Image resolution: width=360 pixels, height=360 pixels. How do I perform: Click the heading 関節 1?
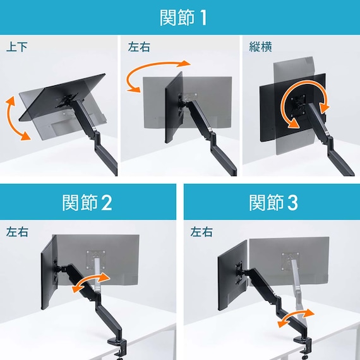[x=183, y=18]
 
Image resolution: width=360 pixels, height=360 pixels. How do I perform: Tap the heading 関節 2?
[x=87, y=203]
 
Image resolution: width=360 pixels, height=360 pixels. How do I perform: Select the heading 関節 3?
[x=273, y=203]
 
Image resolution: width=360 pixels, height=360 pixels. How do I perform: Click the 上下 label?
[x=17, y=47]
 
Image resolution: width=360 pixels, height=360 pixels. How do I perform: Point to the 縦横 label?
[x=260, y=47]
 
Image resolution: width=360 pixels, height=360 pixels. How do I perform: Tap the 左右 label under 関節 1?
[x=139, y=47]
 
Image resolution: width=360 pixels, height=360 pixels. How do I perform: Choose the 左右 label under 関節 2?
[x=17, y=232]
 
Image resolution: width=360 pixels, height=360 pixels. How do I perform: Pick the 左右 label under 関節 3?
[x=201, y=232]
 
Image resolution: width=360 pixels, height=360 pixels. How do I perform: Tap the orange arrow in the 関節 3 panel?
[x=296, y=317]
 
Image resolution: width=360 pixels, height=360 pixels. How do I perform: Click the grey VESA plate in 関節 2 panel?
[x=96, y=260]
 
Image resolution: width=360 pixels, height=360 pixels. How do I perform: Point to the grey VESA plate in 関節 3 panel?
[x=290, y=261]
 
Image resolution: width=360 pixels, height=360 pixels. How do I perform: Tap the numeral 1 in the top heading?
[x=203, y=18]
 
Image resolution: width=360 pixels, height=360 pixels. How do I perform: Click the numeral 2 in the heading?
[x=107, y=203]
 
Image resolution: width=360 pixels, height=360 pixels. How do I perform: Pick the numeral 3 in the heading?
[x=292, y=203]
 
